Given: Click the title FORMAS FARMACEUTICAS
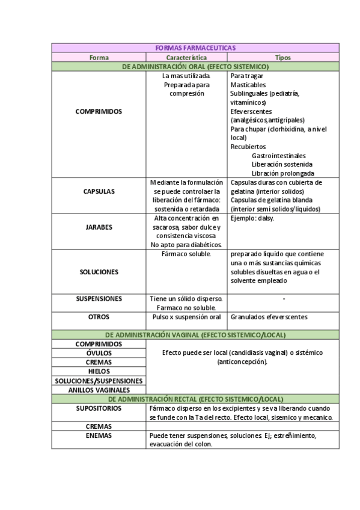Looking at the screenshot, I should pos(195,48).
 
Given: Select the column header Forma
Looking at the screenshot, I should pos(99,58).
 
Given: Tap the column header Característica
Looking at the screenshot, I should pos(186,58).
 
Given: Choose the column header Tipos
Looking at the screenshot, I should pos(282,58).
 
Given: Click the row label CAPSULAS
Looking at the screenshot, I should pos(99,191).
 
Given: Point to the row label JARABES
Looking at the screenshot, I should pos(99,227).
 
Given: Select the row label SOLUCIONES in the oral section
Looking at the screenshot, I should pos(99,272).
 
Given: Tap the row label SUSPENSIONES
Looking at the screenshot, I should pos(99,299).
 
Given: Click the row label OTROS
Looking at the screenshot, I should pos(99,317).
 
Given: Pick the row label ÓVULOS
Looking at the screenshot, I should pos(99,354).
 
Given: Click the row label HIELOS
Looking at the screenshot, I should pos(99,372).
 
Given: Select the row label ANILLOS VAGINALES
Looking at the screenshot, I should pos(99,390).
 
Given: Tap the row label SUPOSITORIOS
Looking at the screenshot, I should pos(99,408).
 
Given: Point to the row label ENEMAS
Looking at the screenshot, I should pos(99,435).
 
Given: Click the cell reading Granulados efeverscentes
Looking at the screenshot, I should pos(269,317).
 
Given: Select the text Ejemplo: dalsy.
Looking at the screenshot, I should pos(252,218).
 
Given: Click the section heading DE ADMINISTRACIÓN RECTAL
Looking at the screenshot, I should pos(195,399).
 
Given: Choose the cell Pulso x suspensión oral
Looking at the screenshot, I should pos(186,317).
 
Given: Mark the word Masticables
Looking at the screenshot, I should pos(248,85).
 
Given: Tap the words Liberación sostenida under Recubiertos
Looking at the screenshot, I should pos(282,164).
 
